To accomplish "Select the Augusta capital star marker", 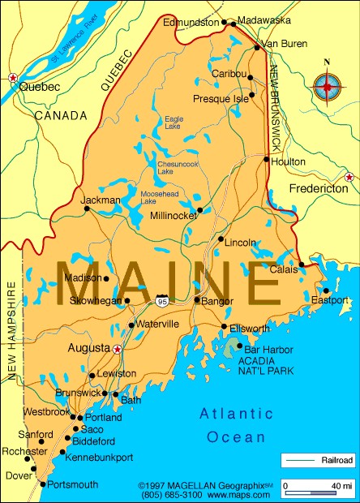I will [118, 349].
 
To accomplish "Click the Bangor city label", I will [218, 301].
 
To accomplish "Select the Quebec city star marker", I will [12, 78].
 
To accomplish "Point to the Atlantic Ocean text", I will [235, 425].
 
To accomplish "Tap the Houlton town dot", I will [267, 159].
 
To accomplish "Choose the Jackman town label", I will [101, 200].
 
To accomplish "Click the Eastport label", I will [330, 300].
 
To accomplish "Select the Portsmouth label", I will [73, 484].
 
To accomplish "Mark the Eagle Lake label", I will [173, 123].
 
